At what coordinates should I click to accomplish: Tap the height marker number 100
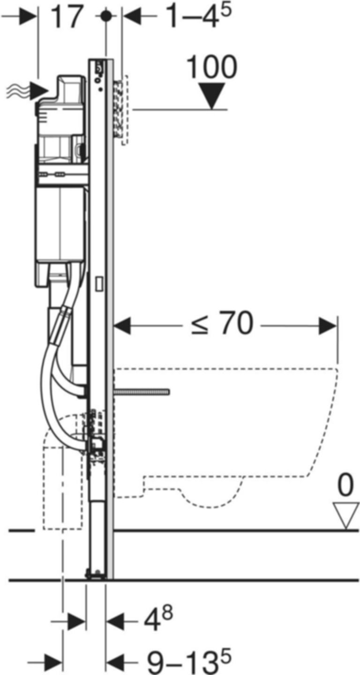pos(212,68)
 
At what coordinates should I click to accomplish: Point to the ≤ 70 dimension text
pos(222,324)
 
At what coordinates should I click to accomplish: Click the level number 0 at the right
pos(345,487)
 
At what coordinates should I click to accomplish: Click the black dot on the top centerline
pos(107,16)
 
